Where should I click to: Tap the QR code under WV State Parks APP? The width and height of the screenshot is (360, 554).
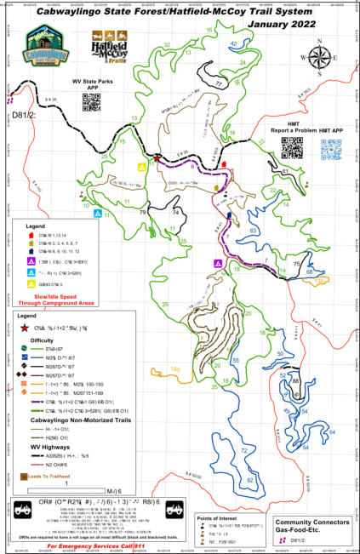point(91,102)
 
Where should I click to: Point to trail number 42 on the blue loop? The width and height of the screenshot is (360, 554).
point(233,43)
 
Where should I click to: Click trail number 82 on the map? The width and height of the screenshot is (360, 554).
point(250,458)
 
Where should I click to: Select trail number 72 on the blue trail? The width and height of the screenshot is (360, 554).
point(243,425)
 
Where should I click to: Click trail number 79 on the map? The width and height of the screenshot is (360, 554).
point(143,211)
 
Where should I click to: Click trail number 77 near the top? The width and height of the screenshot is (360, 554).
point(220,85)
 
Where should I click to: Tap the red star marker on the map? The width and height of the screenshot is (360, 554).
point(157,157)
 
